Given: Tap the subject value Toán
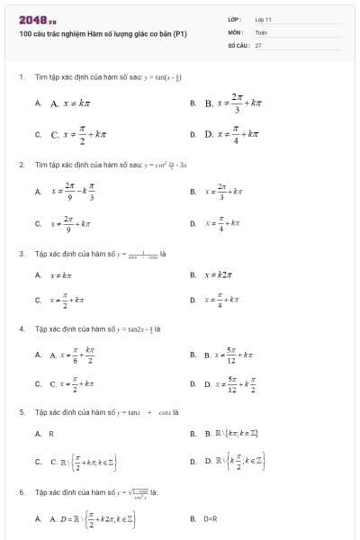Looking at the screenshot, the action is pyautogui.click(x=261, y=31).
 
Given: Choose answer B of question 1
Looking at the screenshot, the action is pyautogui.click(x=233, y=104).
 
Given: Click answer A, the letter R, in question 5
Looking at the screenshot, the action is pyautogui.click(x=51, y=434).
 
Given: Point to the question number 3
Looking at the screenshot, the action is pyautogui.click(x=21, y=254).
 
